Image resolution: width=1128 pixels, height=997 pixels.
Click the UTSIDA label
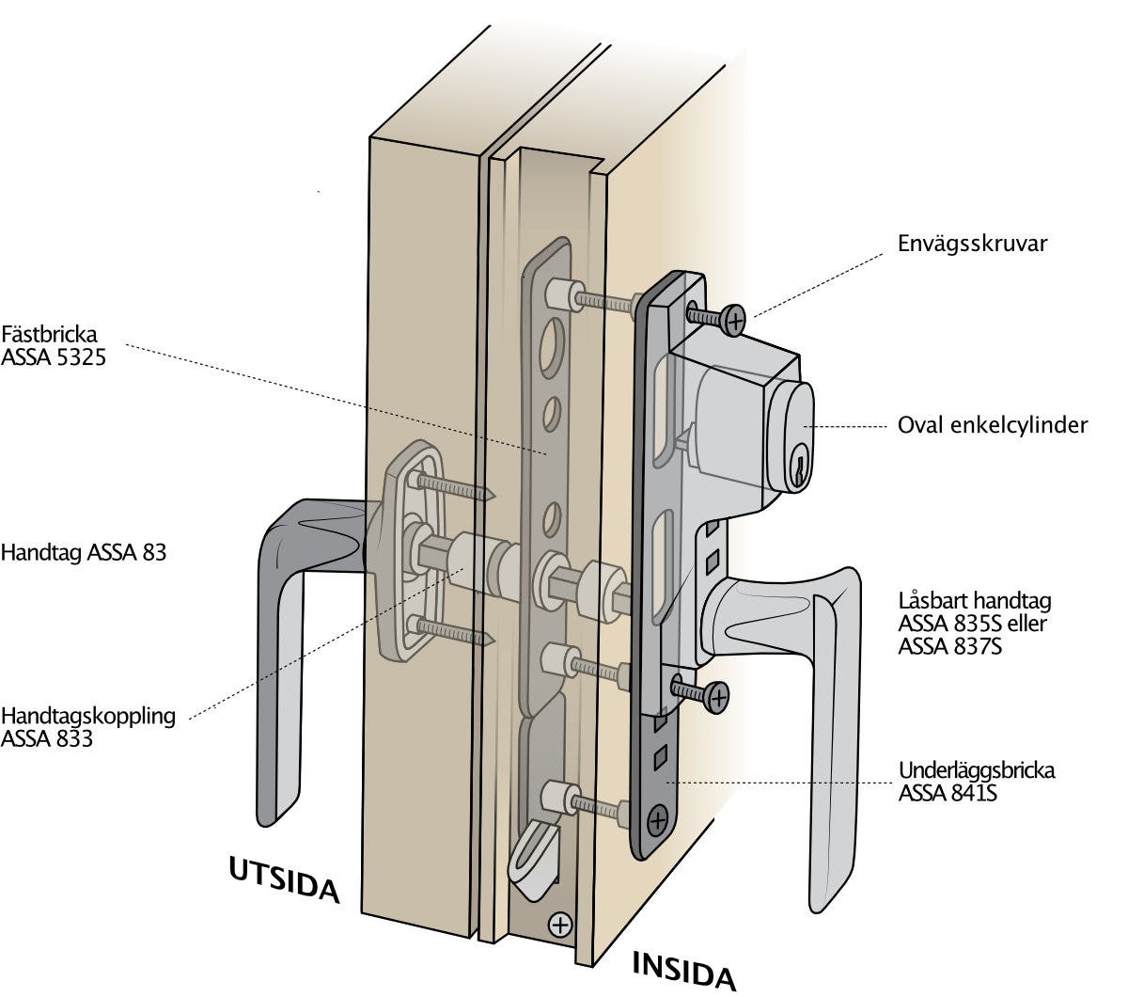(x=283, y=878)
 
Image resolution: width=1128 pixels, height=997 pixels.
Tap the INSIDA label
(x=683, y=970)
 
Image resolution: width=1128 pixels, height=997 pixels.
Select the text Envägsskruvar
(x=972, y=244)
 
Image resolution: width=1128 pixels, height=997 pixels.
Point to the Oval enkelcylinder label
(x=992, y=425)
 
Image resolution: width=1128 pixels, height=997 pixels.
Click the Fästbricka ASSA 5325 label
(x=54, y=345)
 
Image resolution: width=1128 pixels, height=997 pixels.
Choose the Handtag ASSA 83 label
(x=84, y=552)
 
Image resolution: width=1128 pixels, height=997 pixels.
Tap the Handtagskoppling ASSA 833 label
(x=87, y=726)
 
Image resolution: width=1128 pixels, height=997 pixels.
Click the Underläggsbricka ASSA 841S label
(x=976, y=782)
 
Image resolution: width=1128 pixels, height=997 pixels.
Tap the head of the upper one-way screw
(x=732, y=320)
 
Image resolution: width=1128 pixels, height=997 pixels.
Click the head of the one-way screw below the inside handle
(x=716, y=696)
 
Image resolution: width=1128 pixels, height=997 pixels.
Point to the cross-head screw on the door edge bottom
(x=560, y=925)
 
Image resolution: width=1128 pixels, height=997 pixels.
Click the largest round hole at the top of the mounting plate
(x=553, y=344)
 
